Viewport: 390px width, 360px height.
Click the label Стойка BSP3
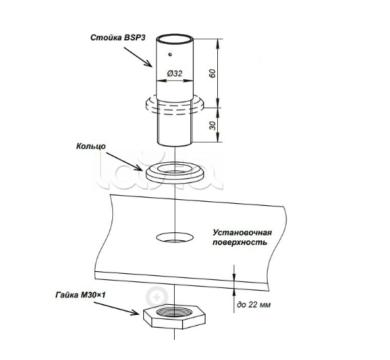pos(118,38)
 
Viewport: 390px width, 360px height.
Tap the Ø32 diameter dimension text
pos(175,73)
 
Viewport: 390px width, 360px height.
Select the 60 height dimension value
pos(212,73)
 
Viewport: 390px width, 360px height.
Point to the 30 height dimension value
pos(212,125)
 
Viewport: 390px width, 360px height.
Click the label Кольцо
pos(91,147)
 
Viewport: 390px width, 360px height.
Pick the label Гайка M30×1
pos(80,295)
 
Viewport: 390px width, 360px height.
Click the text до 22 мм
pos(253,304)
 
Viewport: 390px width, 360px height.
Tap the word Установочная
pos(242,233)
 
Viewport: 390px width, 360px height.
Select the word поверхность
pos(240,242)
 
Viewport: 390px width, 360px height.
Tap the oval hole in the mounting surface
pos(175,238)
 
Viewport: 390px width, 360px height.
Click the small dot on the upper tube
pos(170,55)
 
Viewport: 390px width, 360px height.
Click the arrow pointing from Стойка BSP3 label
pos(138,57)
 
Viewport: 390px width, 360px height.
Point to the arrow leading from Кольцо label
pos(124,161)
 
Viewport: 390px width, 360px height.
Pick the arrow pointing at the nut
pos(116,308)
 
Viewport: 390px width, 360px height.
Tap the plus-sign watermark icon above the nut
pos(157,297)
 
